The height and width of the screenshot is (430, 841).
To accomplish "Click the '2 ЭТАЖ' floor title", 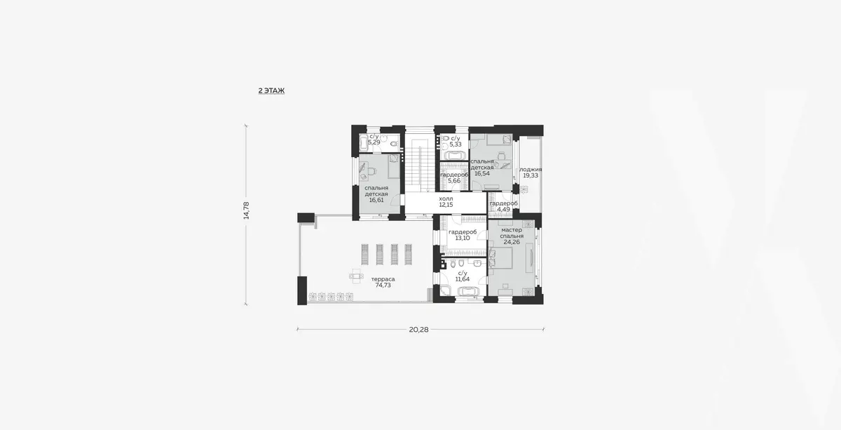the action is (x=271, y=90).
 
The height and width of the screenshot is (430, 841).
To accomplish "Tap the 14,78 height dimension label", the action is (x=246, y=210).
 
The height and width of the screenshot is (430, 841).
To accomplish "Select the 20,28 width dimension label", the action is (x=418, y=330).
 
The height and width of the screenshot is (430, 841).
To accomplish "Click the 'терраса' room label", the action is (x=383, y=279).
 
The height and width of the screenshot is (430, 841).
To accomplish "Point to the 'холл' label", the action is (x=446, y=199).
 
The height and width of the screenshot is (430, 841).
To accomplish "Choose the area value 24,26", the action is (x=512, y=242).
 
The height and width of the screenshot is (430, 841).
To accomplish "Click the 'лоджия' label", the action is (x=531, y=170).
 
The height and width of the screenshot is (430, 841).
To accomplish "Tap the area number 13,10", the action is (x=463, y=238).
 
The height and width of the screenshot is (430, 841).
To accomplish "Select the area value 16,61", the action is (x=376, y=200).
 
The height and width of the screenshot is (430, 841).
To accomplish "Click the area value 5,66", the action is (x=454, y=181).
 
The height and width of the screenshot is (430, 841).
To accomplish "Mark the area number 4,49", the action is (x=503, y=209).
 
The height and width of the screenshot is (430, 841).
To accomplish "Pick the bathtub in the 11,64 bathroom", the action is (x=467, y=291).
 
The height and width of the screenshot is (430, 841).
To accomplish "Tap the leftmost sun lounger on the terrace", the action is (x=365, y=255).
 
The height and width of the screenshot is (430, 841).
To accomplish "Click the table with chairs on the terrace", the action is (x=93, y=276).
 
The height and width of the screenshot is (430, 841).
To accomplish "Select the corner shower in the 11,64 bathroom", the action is (x=446, y=291).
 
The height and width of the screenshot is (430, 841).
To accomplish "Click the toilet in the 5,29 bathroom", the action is (x=393, y=144).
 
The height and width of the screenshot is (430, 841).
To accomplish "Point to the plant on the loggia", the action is (x=524, y=189).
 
